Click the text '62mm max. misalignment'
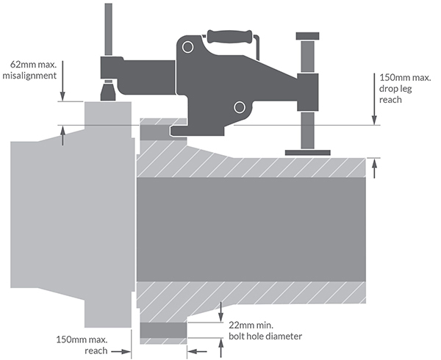click(x=29, y=70)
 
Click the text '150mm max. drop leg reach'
click(x=405, y=88)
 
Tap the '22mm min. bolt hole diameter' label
click(x=265, y=331)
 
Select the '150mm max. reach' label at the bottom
click(x=82, y=345)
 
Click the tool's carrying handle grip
click(x=229, y=37)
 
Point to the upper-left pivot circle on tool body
click(x=187, y=47)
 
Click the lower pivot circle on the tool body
click(x=240, y=107)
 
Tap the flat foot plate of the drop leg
click(x=308, y=153)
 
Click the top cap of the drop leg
click(x=307, y=36)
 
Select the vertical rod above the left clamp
click(x=108, y=29)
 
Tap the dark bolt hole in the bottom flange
click(x=163, y=330)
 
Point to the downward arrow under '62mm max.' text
click(x=62, y=81)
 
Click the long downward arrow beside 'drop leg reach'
click(x=374, y=99)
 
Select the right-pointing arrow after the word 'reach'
click(x=121, y=351)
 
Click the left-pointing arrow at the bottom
click(x=197, y=351)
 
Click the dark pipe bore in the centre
click(x=251, y=230)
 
